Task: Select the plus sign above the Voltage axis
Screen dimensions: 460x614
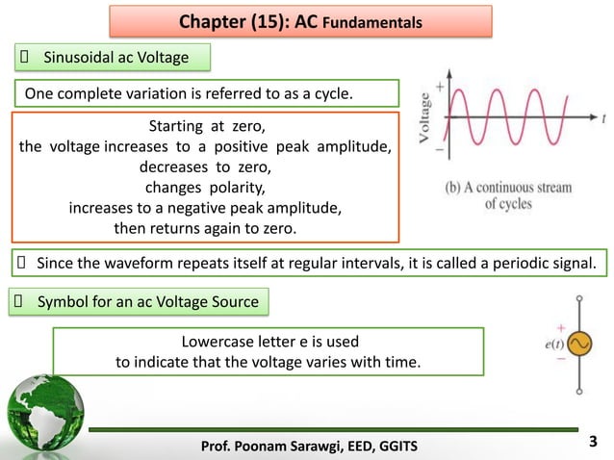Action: pos(441,87)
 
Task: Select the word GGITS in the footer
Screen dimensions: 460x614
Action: pos(409,443)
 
